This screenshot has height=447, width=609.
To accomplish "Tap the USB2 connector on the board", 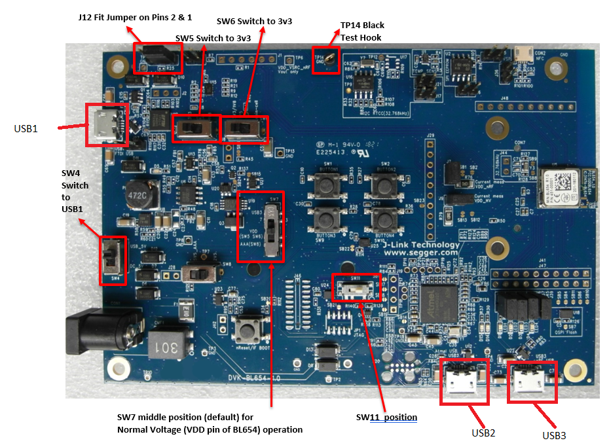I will click(x=464, y=382).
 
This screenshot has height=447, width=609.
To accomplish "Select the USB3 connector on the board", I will click(x=532, y=381).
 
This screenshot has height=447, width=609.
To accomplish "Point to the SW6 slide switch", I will click(x=246, y=127).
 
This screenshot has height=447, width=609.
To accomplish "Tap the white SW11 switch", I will click(x=354, y=287).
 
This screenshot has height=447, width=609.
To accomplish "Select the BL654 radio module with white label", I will click(x=563, y=188).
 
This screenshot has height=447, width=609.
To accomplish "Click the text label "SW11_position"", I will click(x=386, y=417).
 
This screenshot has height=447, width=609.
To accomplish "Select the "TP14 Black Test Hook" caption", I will click(x=361, y=31).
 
